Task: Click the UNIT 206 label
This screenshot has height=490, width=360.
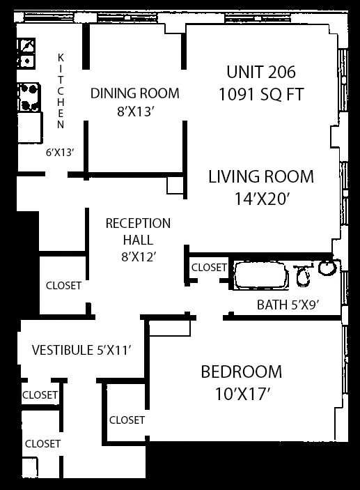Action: point(261,72)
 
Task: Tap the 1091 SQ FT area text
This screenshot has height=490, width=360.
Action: point(261,94)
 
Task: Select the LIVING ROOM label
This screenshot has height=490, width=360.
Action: point(261,176)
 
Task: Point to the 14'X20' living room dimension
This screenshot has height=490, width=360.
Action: point(260,199)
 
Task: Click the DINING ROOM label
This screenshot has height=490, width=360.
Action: point(135,93)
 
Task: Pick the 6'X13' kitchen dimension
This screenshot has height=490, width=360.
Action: point(60,153)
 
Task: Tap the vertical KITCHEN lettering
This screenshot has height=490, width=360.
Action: point(61,91)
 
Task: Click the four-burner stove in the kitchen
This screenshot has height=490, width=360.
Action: point(29,97)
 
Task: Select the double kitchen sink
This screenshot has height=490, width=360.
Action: point(26,53)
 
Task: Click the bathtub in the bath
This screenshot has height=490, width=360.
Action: point(261,276)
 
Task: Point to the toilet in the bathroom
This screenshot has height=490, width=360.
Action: point(303,275)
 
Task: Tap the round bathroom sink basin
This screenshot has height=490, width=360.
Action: point(327,268)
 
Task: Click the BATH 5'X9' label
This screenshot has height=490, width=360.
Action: point(288,305)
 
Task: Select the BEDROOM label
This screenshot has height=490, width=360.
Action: point(242,372)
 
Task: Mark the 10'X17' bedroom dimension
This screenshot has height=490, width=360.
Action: point(242,394)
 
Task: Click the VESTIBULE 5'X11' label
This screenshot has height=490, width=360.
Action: point(81,350)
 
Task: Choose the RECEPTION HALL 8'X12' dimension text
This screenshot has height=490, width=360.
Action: point(139,257)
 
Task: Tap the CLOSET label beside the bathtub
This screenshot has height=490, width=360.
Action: point(209,268)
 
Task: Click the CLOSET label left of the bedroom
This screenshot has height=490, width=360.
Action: point(127,420)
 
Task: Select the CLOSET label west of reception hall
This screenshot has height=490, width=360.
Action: point(63,286)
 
